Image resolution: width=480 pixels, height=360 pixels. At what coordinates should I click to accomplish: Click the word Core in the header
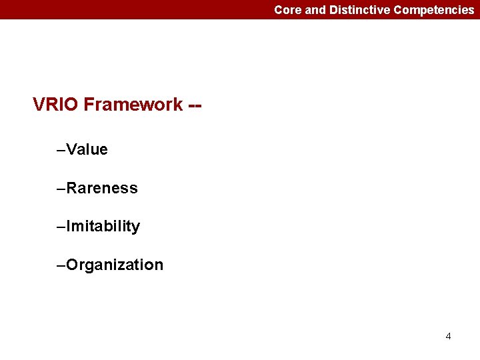(287, 10)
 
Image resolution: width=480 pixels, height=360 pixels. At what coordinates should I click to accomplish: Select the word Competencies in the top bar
(434, 10)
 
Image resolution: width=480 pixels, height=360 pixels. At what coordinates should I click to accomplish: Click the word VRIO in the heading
(56, 105)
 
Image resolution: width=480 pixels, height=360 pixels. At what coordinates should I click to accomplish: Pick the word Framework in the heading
(133, 105)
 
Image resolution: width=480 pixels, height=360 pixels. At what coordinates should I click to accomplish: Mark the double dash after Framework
(195, 105)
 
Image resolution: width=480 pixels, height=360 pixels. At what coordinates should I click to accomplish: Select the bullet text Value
(87, 149)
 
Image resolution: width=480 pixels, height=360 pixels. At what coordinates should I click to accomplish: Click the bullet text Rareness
(102, 188)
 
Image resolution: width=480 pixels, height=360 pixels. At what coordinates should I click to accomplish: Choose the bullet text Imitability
(103, 227)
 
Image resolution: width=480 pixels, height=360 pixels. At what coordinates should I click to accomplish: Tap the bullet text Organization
(115, 265)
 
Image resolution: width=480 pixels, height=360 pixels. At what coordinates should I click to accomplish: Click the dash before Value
(62, 150)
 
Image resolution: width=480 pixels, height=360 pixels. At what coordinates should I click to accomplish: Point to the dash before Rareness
(62, 189)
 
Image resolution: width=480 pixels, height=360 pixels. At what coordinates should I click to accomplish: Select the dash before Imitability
(62, 227)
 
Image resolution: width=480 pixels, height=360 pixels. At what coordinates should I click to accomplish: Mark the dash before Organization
(62, 265)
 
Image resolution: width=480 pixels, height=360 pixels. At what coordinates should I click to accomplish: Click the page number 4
(448, 336)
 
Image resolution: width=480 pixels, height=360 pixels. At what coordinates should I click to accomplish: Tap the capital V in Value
(72, 149)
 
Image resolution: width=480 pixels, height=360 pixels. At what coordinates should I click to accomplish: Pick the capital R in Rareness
(72, 188)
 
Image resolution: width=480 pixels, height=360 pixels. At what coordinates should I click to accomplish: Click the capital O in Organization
(73, 265)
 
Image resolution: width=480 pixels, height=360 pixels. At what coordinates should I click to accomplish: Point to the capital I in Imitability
(69, 227)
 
